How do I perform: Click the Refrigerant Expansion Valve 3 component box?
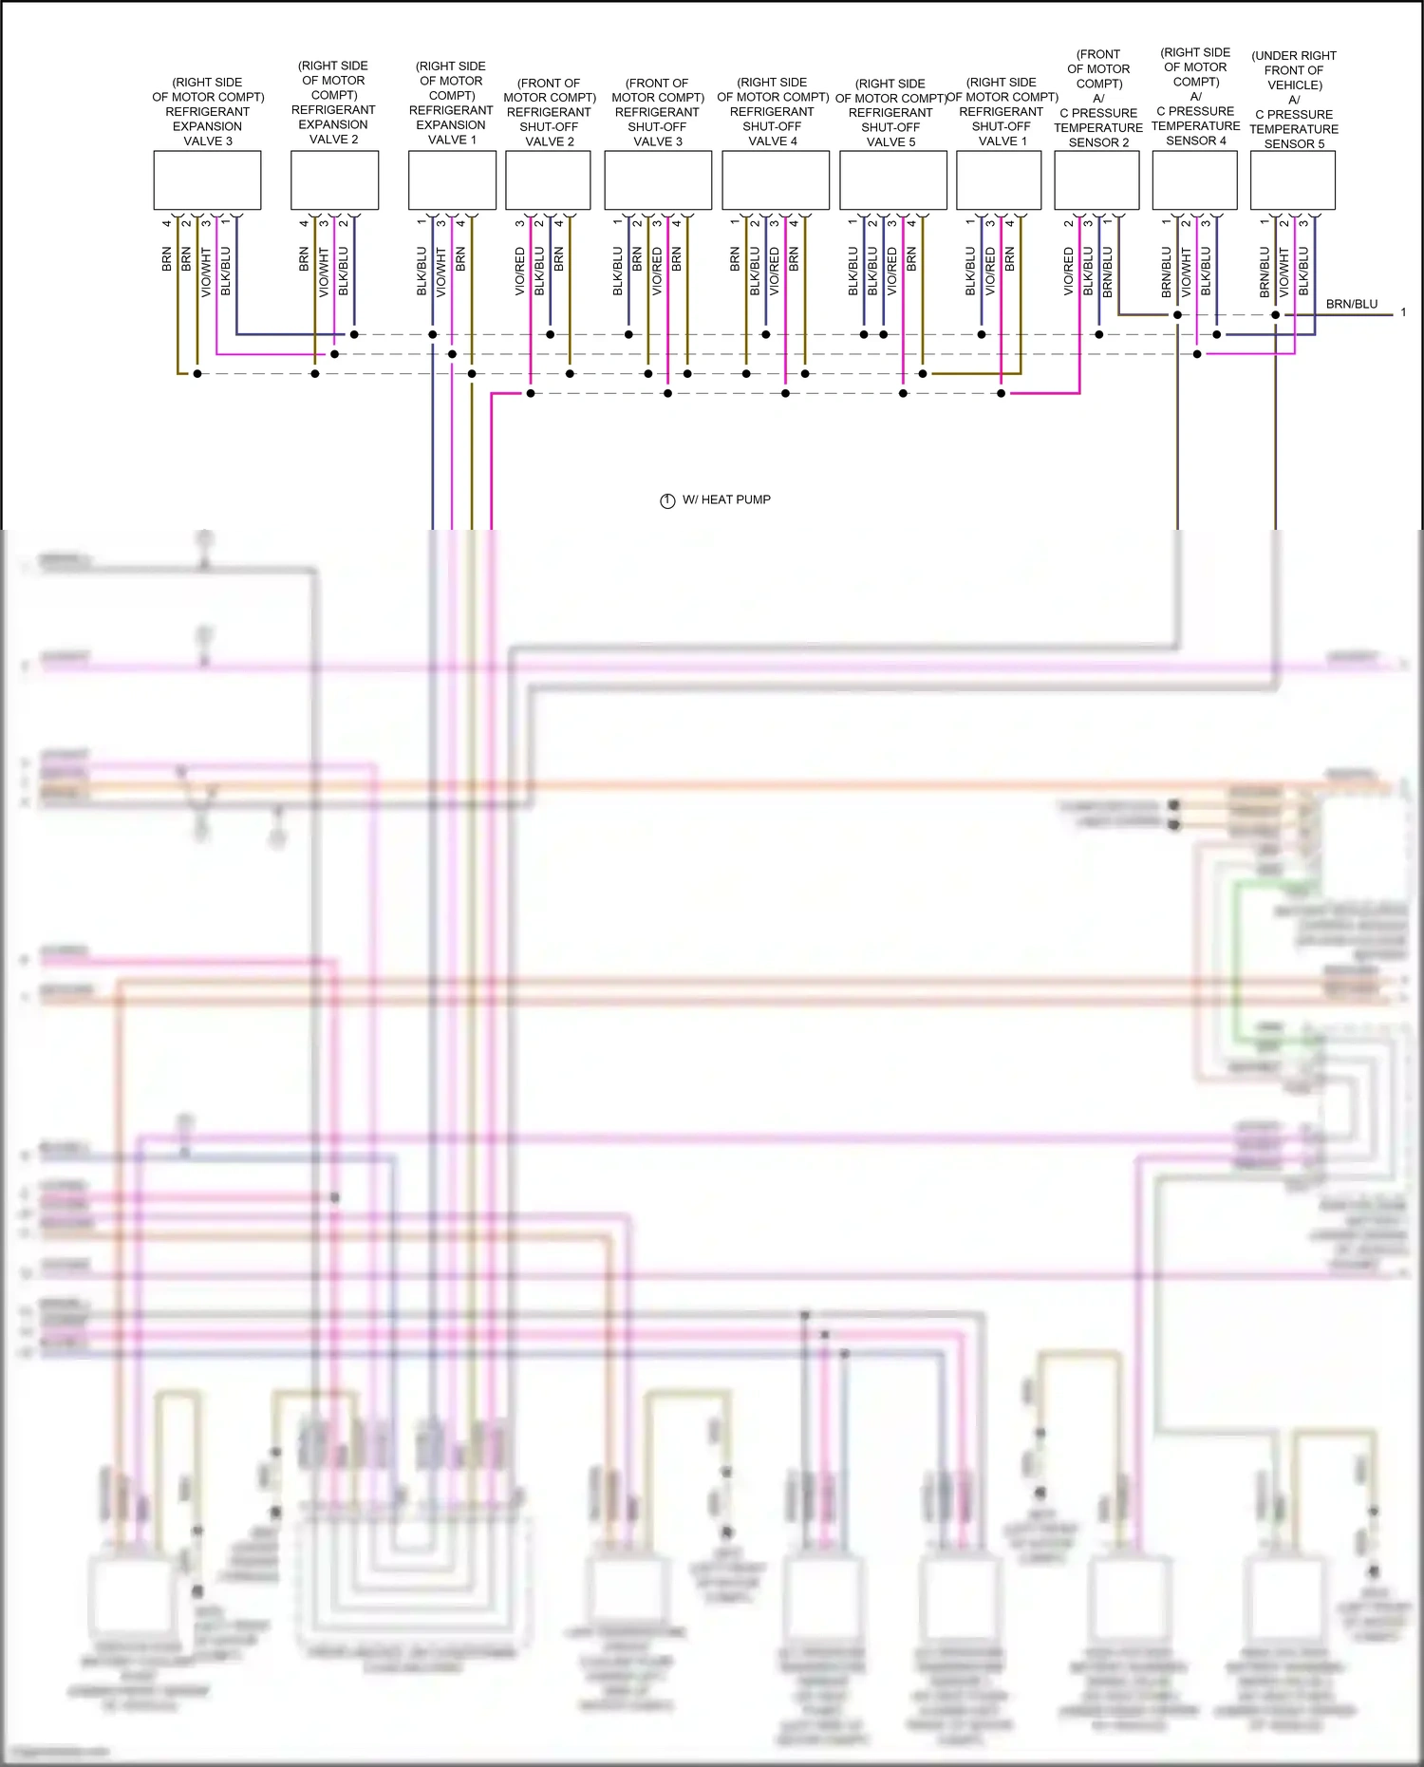pyautogui.click(x=207, y=180)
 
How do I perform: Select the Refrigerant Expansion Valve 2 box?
pyautogui.click(x=334, y=180)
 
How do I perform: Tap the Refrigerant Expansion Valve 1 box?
pyautogui.click(x=452, y=180)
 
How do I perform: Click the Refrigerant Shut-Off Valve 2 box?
pyautogui.click(x=548, y=180)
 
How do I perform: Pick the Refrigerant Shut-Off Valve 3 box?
pyautogui.click(x=658, y=180)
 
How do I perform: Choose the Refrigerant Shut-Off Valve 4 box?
pyautogui.click(x=775, y=180)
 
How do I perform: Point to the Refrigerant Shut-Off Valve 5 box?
pyautogui.click(x=892, y=180)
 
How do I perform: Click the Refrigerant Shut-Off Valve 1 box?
pyautogui.click(x=999, y=180)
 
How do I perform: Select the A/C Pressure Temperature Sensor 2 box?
pyautogui.click(x=1096, y=180)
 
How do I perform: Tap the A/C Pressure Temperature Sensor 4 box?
pyautogui.click(x=1194, y=180)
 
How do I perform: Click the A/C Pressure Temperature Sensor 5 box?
pyautogui.click(x=1292, y=180)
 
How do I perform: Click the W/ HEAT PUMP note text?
pyautogui.click(x=726, y=499)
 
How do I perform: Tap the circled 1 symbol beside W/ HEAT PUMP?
pyautogui.click(x=667, y=500)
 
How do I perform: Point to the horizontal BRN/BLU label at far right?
pyautogui.click(x=1351, y=304)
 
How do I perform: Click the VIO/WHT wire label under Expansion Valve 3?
pyautogui.click(x=206, y=272)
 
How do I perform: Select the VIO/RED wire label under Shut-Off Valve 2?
pyautogui.click(x=520, y=272)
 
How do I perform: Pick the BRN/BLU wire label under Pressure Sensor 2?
pyautogui.click(x=1107, y=272)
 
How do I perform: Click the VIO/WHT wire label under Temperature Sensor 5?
pyautogui.click(x=1283, y=272)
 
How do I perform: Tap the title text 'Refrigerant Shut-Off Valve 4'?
pyautogui.click(x=773, y=112)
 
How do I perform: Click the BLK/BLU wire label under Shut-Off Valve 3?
pyautogui.click(x=618, y=272)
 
